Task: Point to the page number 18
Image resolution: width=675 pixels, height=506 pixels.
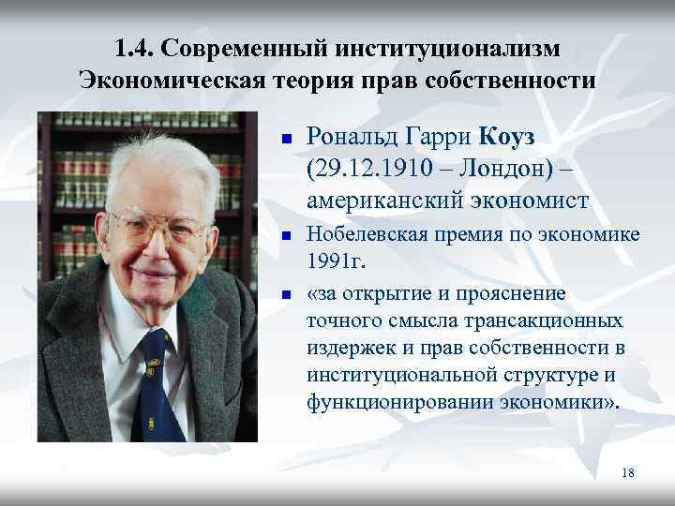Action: coord(627,473)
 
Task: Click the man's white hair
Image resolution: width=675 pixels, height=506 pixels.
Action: coord(150,159)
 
